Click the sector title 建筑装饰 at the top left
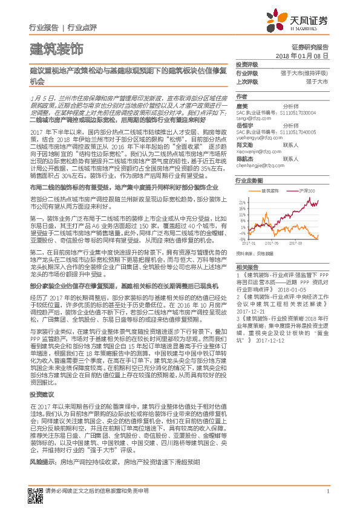[56, 49]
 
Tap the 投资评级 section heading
[246, 64]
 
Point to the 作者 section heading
[242, 96]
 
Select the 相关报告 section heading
[246, 267]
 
